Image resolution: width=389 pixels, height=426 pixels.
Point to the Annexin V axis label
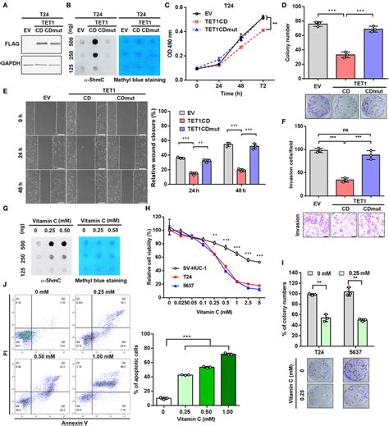71,422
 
